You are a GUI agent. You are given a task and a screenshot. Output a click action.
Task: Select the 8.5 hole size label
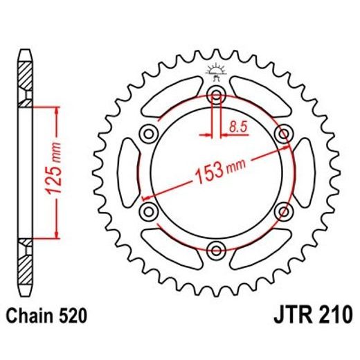tap(239, 126)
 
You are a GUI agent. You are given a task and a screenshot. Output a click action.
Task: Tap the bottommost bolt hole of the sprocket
tap(216, 249)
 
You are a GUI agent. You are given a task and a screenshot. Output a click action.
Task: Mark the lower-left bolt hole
tap(150, 210)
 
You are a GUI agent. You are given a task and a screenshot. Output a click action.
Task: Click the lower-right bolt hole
tap(282, 210)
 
